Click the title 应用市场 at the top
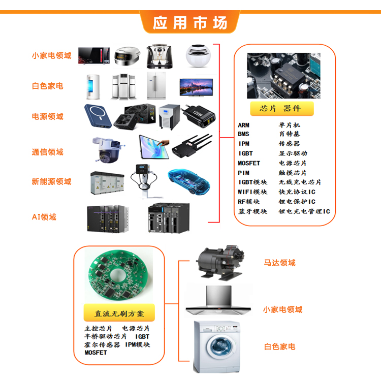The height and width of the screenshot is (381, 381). point(190,23)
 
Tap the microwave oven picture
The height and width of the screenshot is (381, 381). point(94,56)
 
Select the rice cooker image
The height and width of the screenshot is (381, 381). point(127,56)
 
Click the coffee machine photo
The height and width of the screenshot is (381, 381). point(160,56)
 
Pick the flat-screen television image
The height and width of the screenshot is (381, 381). point(196,87)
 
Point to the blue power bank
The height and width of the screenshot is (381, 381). point(98,116)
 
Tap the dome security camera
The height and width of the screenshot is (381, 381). point(107,150)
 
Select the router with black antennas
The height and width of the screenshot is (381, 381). point(192,146)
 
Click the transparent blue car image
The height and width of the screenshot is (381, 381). point(189,181)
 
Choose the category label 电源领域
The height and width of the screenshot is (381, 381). point(48,116)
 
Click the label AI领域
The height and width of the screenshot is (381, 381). point(44,217)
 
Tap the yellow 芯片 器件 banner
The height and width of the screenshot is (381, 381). point(282,108)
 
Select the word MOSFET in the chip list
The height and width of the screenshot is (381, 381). point(249,163)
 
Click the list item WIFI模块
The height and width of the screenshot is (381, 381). point(252,192)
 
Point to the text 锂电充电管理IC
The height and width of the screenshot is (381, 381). point(304,211)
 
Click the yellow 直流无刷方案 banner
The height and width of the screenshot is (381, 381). point(119,313)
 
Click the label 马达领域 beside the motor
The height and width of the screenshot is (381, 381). point(280,263)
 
